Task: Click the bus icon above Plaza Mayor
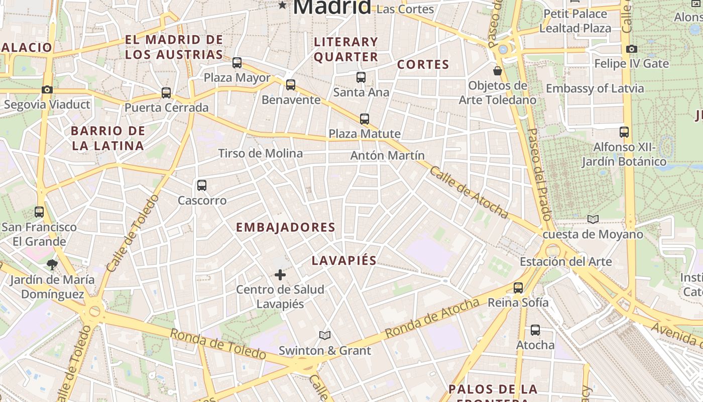tap(237, 63)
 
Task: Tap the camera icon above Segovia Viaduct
tap(47, 90)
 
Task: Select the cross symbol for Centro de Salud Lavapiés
tap(280, 275)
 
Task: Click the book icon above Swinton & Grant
tap(325, 335)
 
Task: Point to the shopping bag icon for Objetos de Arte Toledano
tap(498, 71)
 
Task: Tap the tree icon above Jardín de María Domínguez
tap(52, 264)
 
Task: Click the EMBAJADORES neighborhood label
tap(285, 227)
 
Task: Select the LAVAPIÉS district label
tap(344, 260)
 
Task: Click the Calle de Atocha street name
tap(468, 192)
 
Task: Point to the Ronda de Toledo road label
tap(217, 344)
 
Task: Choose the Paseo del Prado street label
tap(540, 173)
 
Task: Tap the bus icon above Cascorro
tap(202, 185)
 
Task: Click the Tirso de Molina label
tap(260, 153)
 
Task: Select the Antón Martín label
tap(387, 155)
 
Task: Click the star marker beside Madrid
tap(283, 6)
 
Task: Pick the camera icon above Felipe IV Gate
tap(631, 49)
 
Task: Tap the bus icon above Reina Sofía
tap(518, 288)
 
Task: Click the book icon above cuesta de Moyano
tap(593, 219)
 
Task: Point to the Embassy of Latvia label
tap(595, 88)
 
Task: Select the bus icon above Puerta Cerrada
tap(166, 93)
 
